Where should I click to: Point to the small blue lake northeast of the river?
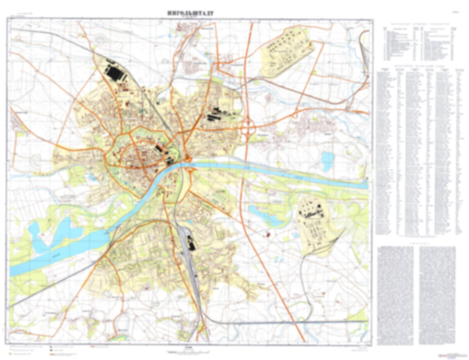click(x=327, y=161)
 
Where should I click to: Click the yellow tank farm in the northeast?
click(x=287, y=52)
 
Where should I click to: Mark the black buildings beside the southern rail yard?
click(x=191, y=243)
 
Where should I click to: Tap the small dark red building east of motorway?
click(x=268, y=233)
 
